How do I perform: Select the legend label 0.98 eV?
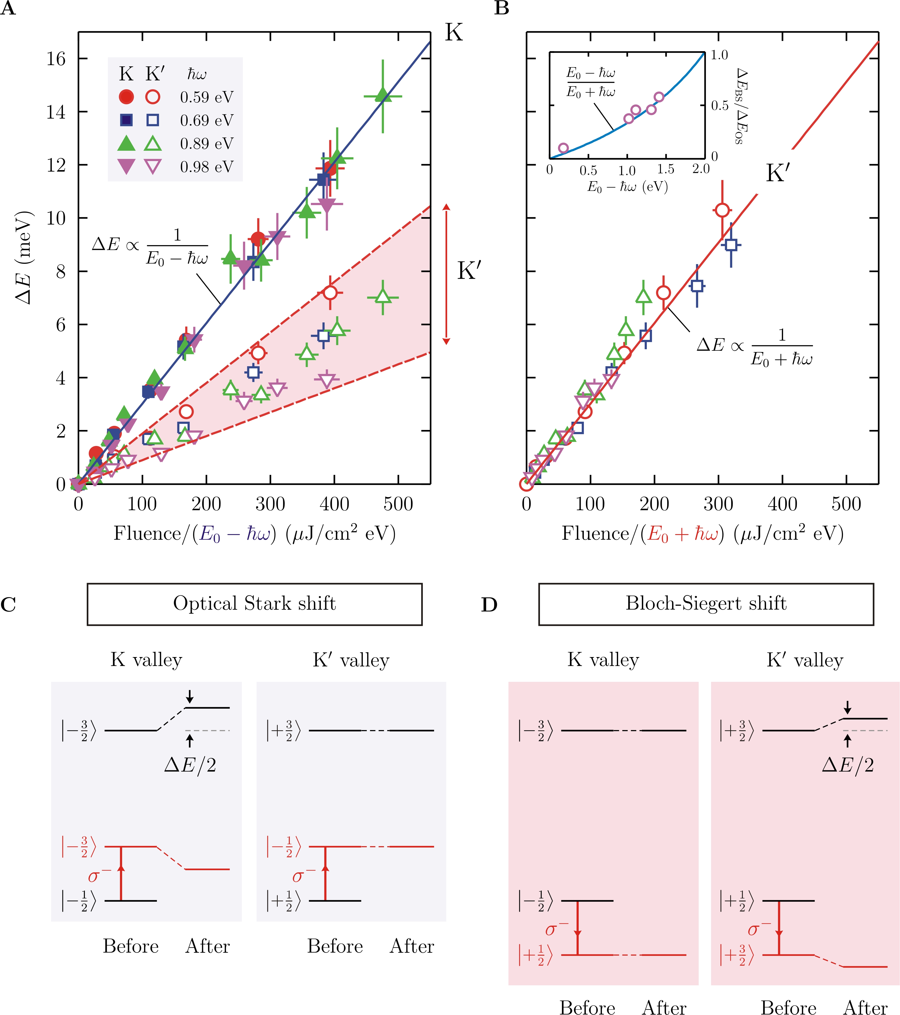[207, 167]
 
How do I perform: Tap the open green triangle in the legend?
[153, 143]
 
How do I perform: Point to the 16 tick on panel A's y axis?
[56, 59]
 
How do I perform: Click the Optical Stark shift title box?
[254, 604]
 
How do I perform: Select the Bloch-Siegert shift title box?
[706, 604]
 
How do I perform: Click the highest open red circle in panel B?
[722, 210]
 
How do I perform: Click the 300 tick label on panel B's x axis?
[718, 504]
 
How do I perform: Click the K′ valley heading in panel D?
[805, 660]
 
